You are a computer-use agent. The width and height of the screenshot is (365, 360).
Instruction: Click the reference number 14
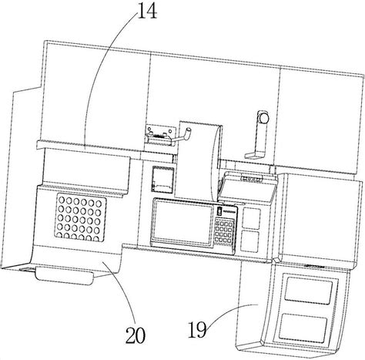coord(147,11)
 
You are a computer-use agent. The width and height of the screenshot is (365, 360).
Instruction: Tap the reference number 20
coord(136,335)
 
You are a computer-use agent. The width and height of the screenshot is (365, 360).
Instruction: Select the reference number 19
coord(197,329)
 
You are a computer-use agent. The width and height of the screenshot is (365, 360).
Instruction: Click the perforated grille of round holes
coord(80,217)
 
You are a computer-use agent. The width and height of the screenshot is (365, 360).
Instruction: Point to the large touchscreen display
coord(182,222)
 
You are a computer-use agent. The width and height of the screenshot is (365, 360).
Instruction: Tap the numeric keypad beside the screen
coord(225,230)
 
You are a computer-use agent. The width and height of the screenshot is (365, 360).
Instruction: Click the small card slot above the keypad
coord(219,211)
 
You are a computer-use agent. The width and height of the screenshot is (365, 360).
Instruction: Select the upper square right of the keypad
coord(251,218)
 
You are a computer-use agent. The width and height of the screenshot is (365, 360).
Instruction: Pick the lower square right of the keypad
coord(249,241)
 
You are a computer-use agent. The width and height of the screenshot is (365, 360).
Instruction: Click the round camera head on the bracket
coord(263,117)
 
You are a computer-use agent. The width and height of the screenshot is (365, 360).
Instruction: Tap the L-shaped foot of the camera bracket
coord(255,155)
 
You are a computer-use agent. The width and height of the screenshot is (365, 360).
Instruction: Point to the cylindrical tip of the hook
coord(188,133)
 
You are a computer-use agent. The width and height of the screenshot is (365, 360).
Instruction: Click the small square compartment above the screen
coord(163,179)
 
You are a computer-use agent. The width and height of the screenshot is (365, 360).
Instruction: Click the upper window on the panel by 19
coord(309,289)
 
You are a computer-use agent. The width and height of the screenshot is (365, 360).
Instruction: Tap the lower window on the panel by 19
coord(303,327)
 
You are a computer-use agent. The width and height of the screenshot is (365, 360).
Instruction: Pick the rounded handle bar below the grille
coord(64,276)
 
